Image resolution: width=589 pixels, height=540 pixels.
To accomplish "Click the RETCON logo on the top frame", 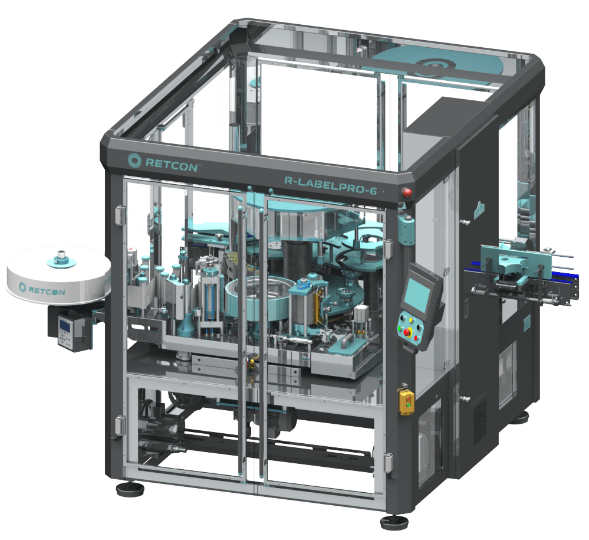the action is (x=162, y=162).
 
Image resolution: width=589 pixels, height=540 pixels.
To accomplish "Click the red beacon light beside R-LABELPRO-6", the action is (x=406, y=192).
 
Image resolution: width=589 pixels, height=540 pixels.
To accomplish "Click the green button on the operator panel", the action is (x=400, y=328).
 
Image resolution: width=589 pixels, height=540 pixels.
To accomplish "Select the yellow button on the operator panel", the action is (x=411, y=320).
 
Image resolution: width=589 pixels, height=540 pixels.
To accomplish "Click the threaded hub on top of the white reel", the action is (x=61, y=258).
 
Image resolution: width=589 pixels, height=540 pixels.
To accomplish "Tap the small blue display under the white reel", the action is (x=65, y=325).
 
